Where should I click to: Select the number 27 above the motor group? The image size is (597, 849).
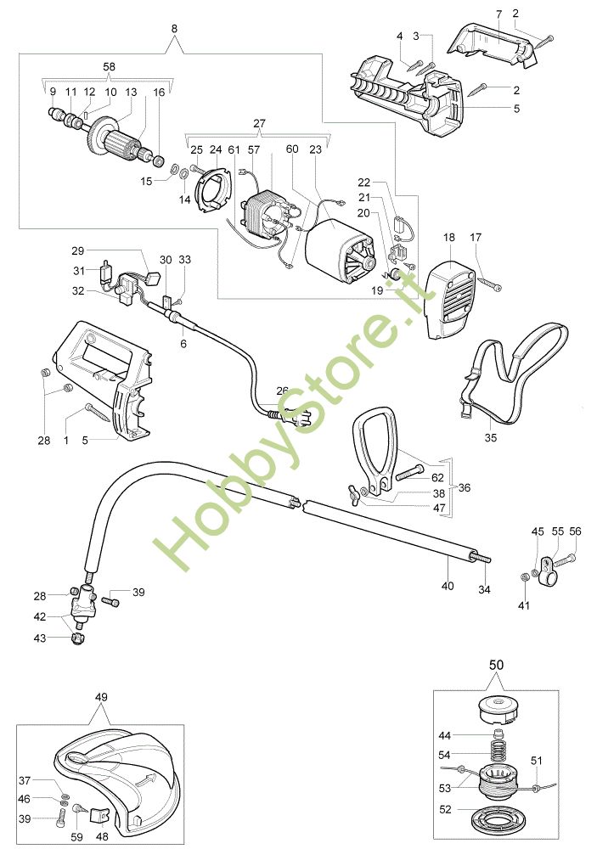(259, 122)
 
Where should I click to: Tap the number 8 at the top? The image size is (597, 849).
(174, 29)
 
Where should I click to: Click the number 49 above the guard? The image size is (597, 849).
(101, 697)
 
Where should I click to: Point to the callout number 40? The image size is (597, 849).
(448, 586)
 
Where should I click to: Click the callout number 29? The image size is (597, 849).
(78, 251)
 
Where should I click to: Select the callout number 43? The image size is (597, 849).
(40, 638)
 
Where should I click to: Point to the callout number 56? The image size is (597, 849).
(575, 531)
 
